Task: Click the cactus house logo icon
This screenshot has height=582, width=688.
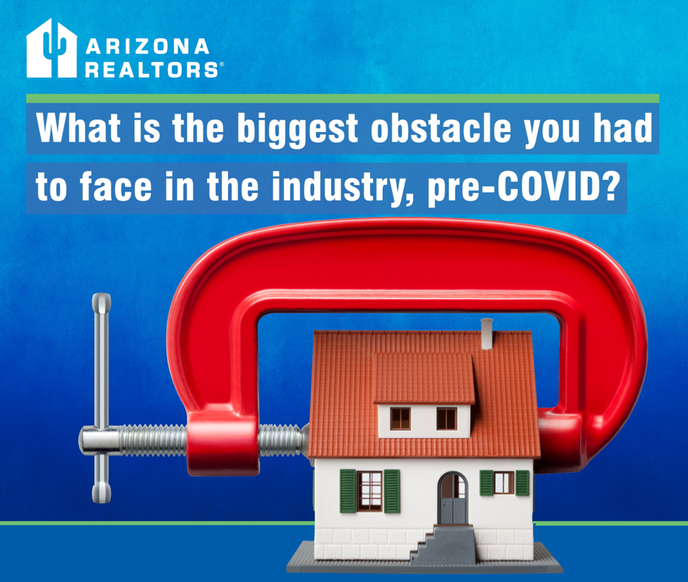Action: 52,48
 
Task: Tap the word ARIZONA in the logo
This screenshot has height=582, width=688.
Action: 147,47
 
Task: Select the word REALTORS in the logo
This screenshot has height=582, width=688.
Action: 152,70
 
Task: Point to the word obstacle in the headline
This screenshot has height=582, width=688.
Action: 441,128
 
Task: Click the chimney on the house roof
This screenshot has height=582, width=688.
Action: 487,333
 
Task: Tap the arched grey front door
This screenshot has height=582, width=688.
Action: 452,498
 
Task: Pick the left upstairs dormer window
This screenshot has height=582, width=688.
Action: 400,419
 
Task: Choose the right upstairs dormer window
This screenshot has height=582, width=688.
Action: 447,419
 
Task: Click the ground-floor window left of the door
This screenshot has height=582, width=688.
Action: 370,491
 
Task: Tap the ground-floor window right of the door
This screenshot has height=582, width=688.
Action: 504,483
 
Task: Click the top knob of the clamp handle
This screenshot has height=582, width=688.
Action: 101,303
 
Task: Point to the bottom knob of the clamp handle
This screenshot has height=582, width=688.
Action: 101,492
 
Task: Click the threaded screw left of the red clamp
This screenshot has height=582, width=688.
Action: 153,440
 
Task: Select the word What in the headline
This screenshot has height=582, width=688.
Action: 79,128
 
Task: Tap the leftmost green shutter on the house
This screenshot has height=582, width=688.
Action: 348,491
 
